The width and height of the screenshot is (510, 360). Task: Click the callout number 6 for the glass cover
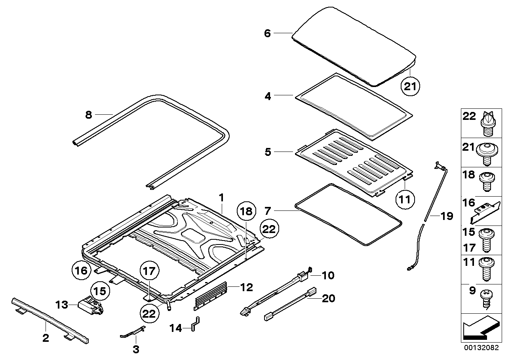coord(267,33)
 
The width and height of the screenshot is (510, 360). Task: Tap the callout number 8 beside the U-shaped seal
coord(89,115)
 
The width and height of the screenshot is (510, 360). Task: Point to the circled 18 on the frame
coord(246,212)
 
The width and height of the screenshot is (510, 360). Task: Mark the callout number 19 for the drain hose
coord(446,216)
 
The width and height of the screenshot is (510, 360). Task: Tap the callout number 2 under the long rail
coord(46,338)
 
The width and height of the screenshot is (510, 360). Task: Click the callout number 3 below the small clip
coord(136,349)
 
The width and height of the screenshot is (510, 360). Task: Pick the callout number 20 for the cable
coord(328,298)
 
